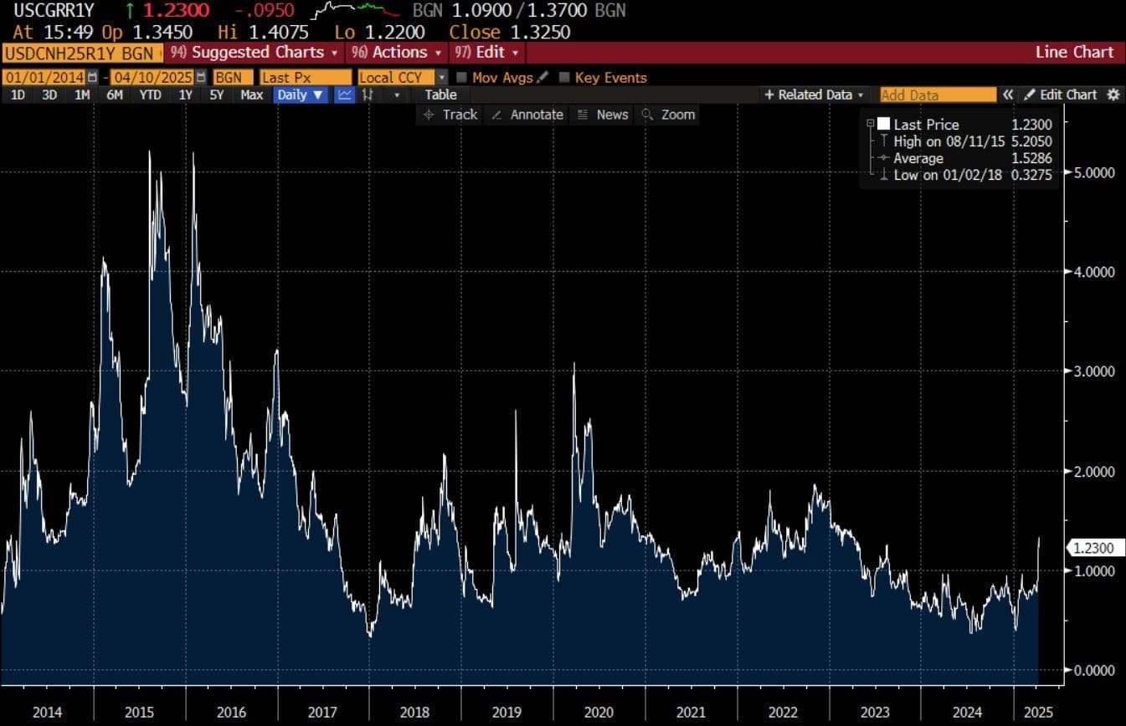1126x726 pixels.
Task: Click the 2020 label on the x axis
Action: tap(599, 713)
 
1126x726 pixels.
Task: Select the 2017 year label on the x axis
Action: tap(322, 713)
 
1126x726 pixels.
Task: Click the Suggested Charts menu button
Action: tap(255, 52)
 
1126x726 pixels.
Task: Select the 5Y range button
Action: tap(217, 95)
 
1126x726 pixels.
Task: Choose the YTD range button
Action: tap(150, 95)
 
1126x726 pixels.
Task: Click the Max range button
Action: tap(251, 95)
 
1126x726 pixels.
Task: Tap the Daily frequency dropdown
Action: tap(301, 95)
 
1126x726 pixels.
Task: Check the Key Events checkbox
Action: tap(564, 78)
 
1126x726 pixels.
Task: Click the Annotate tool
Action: tap(527, 115)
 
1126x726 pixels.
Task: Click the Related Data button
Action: tap(814, 95)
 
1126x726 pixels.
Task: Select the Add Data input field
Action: tap(938, 95)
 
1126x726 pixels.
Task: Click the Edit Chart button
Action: tap(1061, 95)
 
